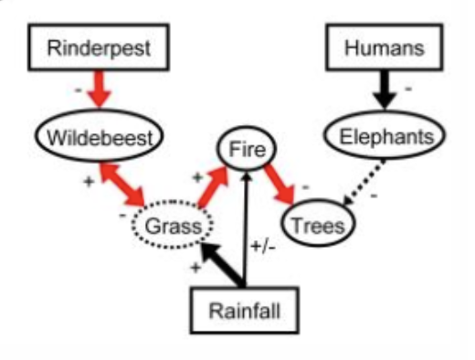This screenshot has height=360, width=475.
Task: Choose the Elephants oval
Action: click(385, 138)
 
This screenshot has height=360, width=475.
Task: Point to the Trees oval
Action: click(318, 222)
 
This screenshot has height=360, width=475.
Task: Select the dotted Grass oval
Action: click(172, 223)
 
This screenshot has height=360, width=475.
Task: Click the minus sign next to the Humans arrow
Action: click(407, 90)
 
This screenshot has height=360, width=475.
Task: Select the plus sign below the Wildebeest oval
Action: click(89, 180)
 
